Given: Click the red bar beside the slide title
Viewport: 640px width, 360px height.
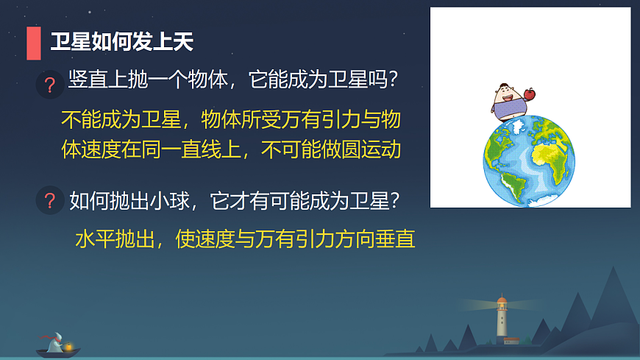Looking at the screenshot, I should [33, 43].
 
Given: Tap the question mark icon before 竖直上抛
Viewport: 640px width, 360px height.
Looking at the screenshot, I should [50, 85].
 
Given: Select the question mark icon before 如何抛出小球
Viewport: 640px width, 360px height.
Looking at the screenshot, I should [50, 200].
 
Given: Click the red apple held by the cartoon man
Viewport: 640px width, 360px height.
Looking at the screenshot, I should [528, 94].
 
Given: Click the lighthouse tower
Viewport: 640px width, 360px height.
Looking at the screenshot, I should [502, 324].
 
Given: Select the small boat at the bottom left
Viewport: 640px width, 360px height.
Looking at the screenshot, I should [57, 347].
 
